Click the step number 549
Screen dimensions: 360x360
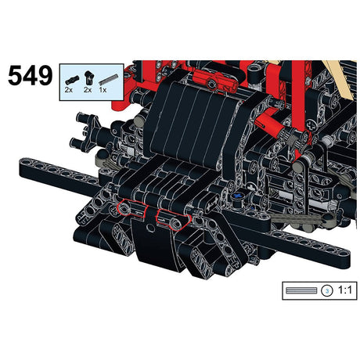pos(31,75)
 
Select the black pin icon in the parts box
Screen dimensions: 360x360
pos(72,80)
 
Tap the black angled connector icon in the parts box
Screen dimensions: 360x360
pos(88,77)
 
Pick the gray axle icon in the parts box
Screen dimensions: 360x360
pos(108,79)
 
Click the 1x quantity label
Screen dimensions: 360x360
pos(103,90)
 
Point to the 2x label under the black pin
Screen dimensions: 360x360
pos(69,90)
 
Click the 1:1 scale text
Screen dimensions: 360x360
pos(345,290)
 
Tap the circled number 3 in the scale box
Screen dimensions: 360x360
pos(327,290)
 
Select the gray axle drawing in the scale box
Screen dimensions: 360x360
pos(301,290)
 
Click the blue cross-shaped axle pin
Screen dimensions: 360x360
pos(238,196)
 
